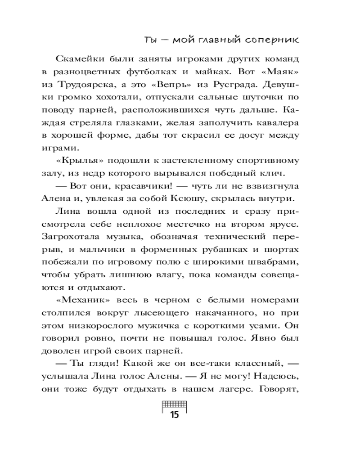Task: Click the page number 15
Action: [x=174, y=415]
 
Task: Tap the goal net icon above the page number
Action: [x=174, y=404]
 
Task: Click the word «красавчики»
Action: [x=133, y=185]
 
